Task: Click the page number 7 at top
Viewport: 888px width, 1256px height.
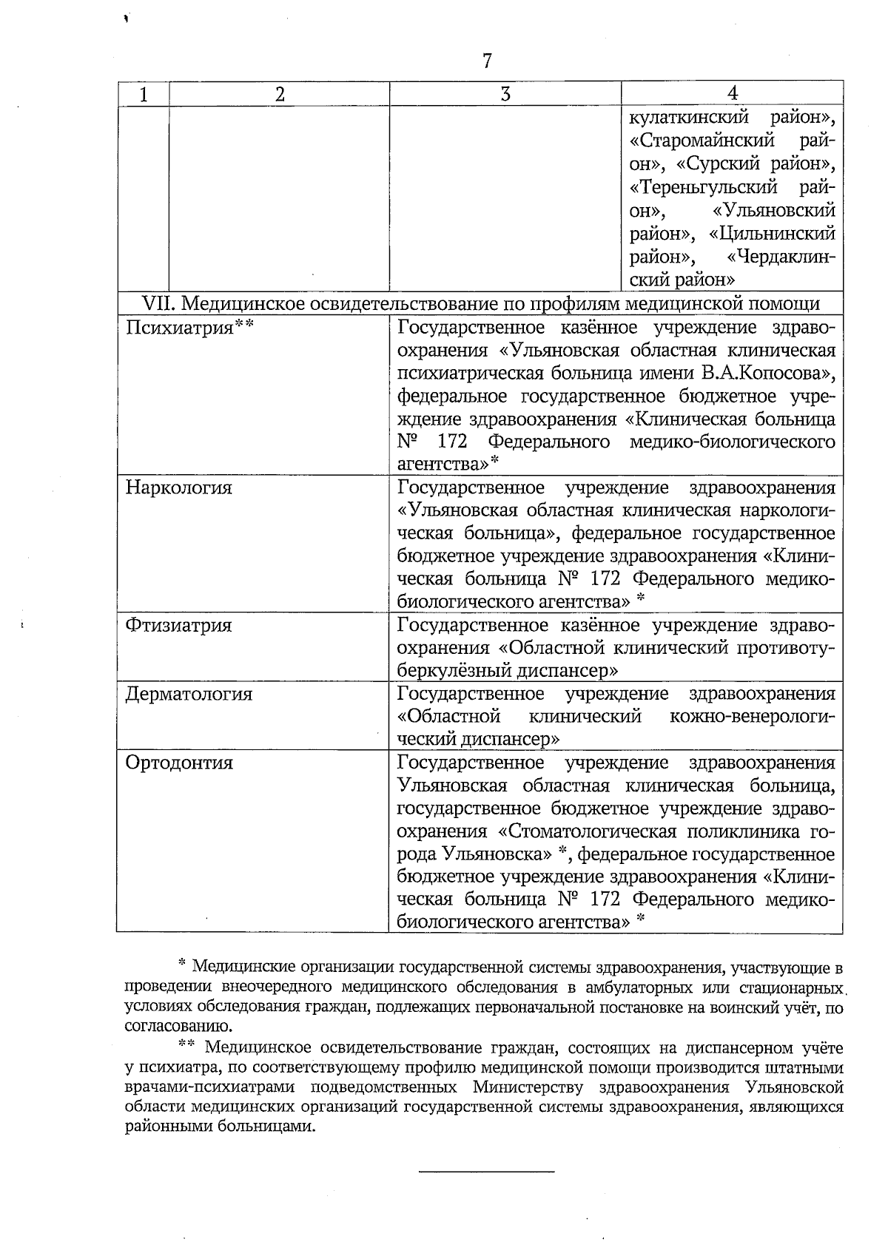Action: pyautogui.click(x=487, y=61)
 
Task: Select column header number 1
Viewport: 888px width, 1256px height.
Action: pyautogui.click(x=143, y=94)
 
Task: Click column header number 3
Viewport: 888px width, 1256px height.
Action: pyautogui.click(x=505, y=94)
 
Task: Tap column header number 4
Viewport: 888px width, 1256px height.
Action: pyautogui.click(x=732, y=93)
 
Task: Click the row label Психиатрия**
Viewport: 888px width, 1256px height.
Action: pyautogui.click(x=189, y=327)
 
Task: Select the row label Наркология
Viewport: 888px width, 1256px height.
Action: pyautogui.click(x=178, y=487)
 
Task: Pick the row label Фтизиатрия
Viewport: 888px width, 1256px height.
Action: pyautogui.click(x=178, y=625)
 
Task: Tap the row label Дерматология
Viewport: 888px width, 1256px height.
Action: pyautogui.click(x=189, y=694)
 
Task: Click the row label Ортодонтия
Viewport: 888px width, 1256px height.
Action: pyautogui.click(x=179, y=763)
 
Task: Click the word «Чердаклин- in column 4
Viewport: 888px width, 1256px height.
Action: pyautogui.click(x=781, y=257)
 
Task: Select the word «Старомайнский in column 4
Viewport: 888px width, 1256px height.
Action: pyautogui.click(x=702, y=140)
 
